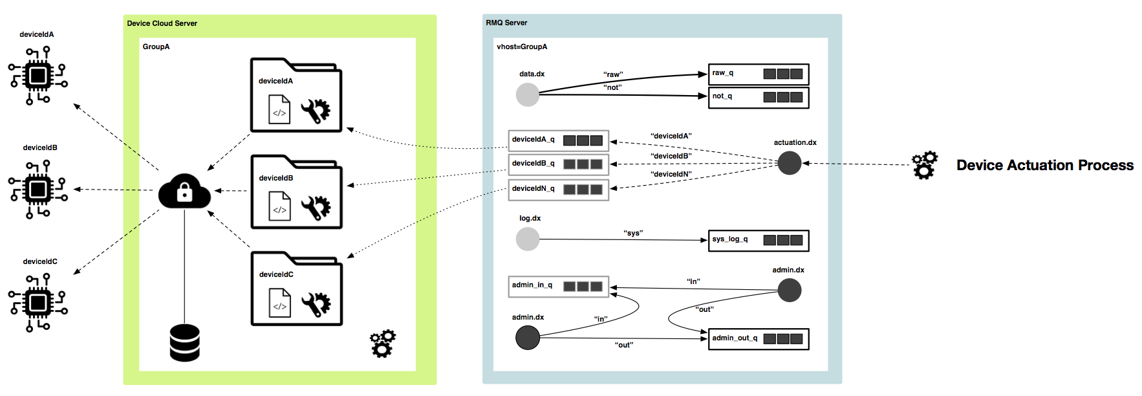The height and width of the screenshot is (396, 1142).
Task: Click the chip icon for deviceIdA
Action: (x=38, y=76)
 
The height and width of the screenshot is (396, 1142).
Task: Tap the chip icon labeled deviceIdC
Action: (x=38, y=302)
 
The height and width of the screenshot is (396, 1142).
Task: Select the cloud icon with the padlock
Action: (x=184, y=191)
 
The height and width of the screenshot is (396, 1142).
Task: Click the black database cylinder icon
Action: (x=184, y=343)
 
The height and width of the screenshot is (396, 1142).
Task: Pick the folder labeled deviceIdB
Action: (x=296, y=192)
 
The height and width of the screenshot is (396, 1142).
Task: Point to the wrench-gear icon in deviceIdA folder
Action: (x=316, y=111)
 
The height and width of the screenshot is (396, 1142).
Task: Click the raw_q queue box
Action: (x=759, y=74)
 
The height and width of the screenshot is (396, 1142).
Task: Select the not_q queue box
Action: (x=759, y=97)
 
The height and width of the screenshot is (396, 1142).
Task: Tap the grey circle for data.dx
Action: (x=528, y=94)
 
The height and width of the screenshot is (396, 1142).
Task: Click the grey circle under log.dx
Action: (x=528, y=239)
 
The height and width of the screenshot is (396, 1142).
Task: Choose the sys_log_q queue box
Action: (x=759, y=240)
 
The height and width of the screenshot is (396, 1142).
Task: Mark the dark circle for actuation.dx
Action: (x=789, y=163)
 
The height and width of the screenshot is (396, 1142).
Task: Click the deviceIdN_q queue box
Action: (x=558, y=189)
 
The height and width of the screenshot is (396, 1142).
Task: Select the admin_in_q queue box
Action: (x=558, y=286)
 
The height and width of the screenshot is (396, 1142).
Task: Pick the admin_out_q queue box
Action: (x=759, y=339)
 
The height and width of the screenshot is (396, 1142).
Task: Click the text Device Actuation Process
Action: (x=1044, y=166)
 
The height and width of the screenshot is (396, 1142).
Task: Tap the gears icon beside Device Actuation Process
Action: (x=924, y=165)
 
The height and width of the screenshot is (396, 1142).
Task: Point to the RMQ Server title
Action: (x=506, y=23)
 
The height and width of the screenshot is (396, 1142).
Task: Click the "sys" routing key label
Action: (x=633, y=233)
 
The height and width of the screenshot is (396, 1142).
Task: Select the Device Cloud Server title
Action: (x=162, y=23)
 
